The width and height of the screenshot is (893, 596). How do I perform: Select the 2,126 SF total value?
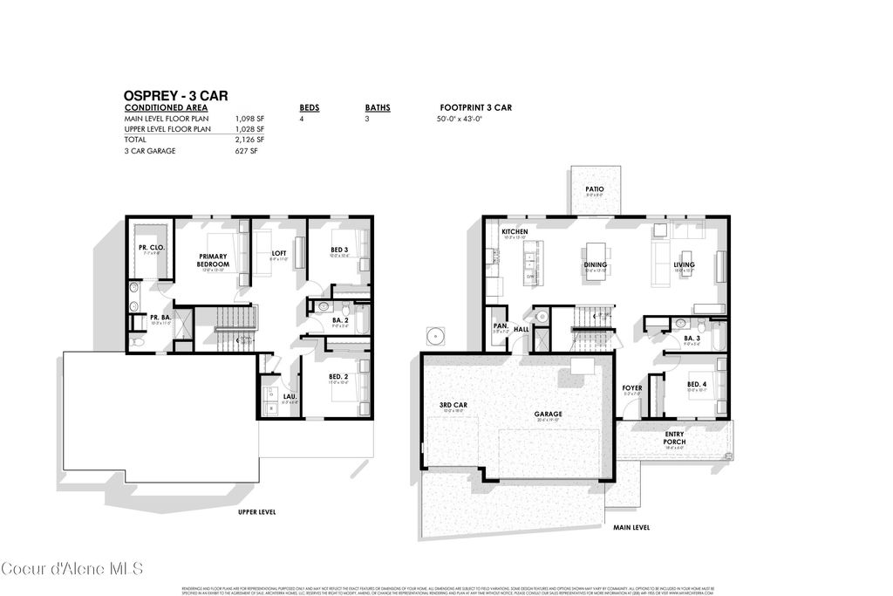(249, 140)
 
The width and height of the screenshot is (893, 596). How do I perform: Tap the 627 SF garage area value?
(248, 151)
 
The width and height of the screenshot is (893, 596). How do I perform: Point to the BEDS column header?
(310, 108)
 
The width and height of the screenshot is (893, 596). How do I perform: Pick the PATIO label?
(595, 188)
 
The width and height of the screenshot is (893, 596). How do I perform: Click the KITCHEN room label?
(515, 231)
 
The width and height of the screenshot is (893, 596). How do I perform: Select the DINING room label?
(596, 264)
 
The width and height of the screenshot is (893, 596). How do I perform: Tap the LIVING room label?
(684, 264)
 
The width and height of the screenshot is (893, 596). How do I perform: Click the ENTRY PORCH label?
(674, 438)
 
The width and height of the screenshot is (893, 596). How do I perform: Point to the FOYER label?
(631, 387)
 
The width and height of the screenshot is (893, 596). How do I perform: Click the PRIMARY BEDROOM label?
(213, 260)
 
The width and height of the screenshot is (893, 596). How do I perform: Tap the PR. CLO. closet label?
(150, 247)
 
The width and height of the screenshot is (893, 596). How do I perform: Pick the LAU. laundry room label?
(290, 397)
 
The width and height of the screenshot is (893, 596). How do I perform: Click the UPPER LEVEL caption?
(257, 512)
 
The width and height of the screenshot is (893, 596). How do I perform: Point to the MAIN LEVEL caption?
(631, 528)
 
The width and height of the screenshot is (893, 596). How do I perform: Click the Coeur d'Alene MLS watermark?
(72, 569)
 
